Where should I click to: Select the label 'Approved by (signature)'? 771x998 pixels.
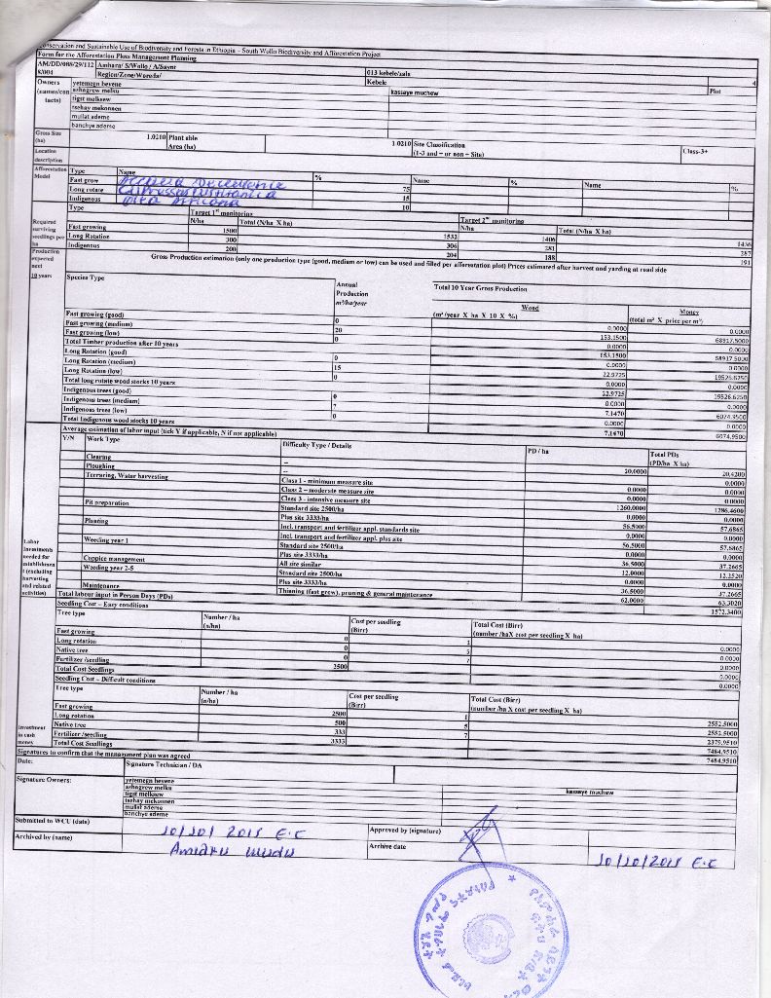pyautogui.click(x=407, y=831)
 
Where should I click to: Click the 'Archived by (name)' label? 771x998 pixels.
pyautogui.click(x=45, y=836)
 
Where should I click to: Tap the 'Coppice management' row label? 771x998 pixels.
pyautogui.click(x=115, y=559)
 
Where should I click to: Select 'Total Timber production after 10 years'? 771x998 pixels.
pyautogui.click(x=122, y=344)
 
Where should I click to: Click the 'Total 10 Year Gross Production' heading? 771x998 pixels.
pyautogui.click(x=480, y=288)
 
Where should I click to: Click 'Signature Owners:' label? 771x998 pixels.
pyautogui.click(x=45, y=780)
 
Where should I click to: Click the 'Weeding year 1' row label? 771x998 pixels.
pyautogui.click(x=113, y=539)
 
